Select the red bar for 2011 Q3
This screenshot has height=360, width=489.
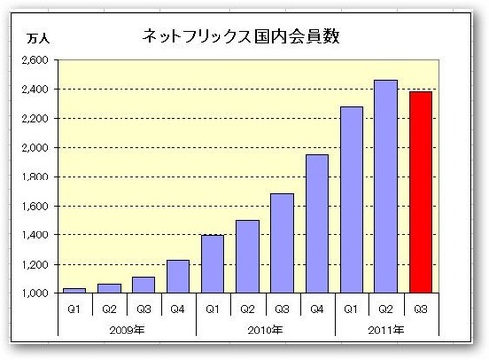[418, 192]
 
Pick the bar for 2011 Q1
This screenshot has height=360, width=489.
[350, 200]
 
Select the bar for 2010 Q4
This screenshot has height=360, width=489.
[316, 224]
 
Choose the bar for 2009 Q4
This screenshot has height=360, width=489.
[177, 277]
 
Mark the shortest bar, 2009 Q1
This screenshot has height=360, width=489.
[74, 290]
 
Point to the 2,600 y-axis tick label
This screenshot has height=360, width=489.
[34, 60]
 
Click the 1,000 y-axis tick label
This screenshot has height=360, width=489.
[34, 294]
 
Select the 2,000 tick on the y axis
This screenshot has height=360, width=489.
[34, 148]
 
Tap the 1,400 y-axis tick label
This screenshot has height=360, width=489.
[34, 235]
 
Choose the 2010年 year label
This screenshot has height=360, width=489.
[264, 326]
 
